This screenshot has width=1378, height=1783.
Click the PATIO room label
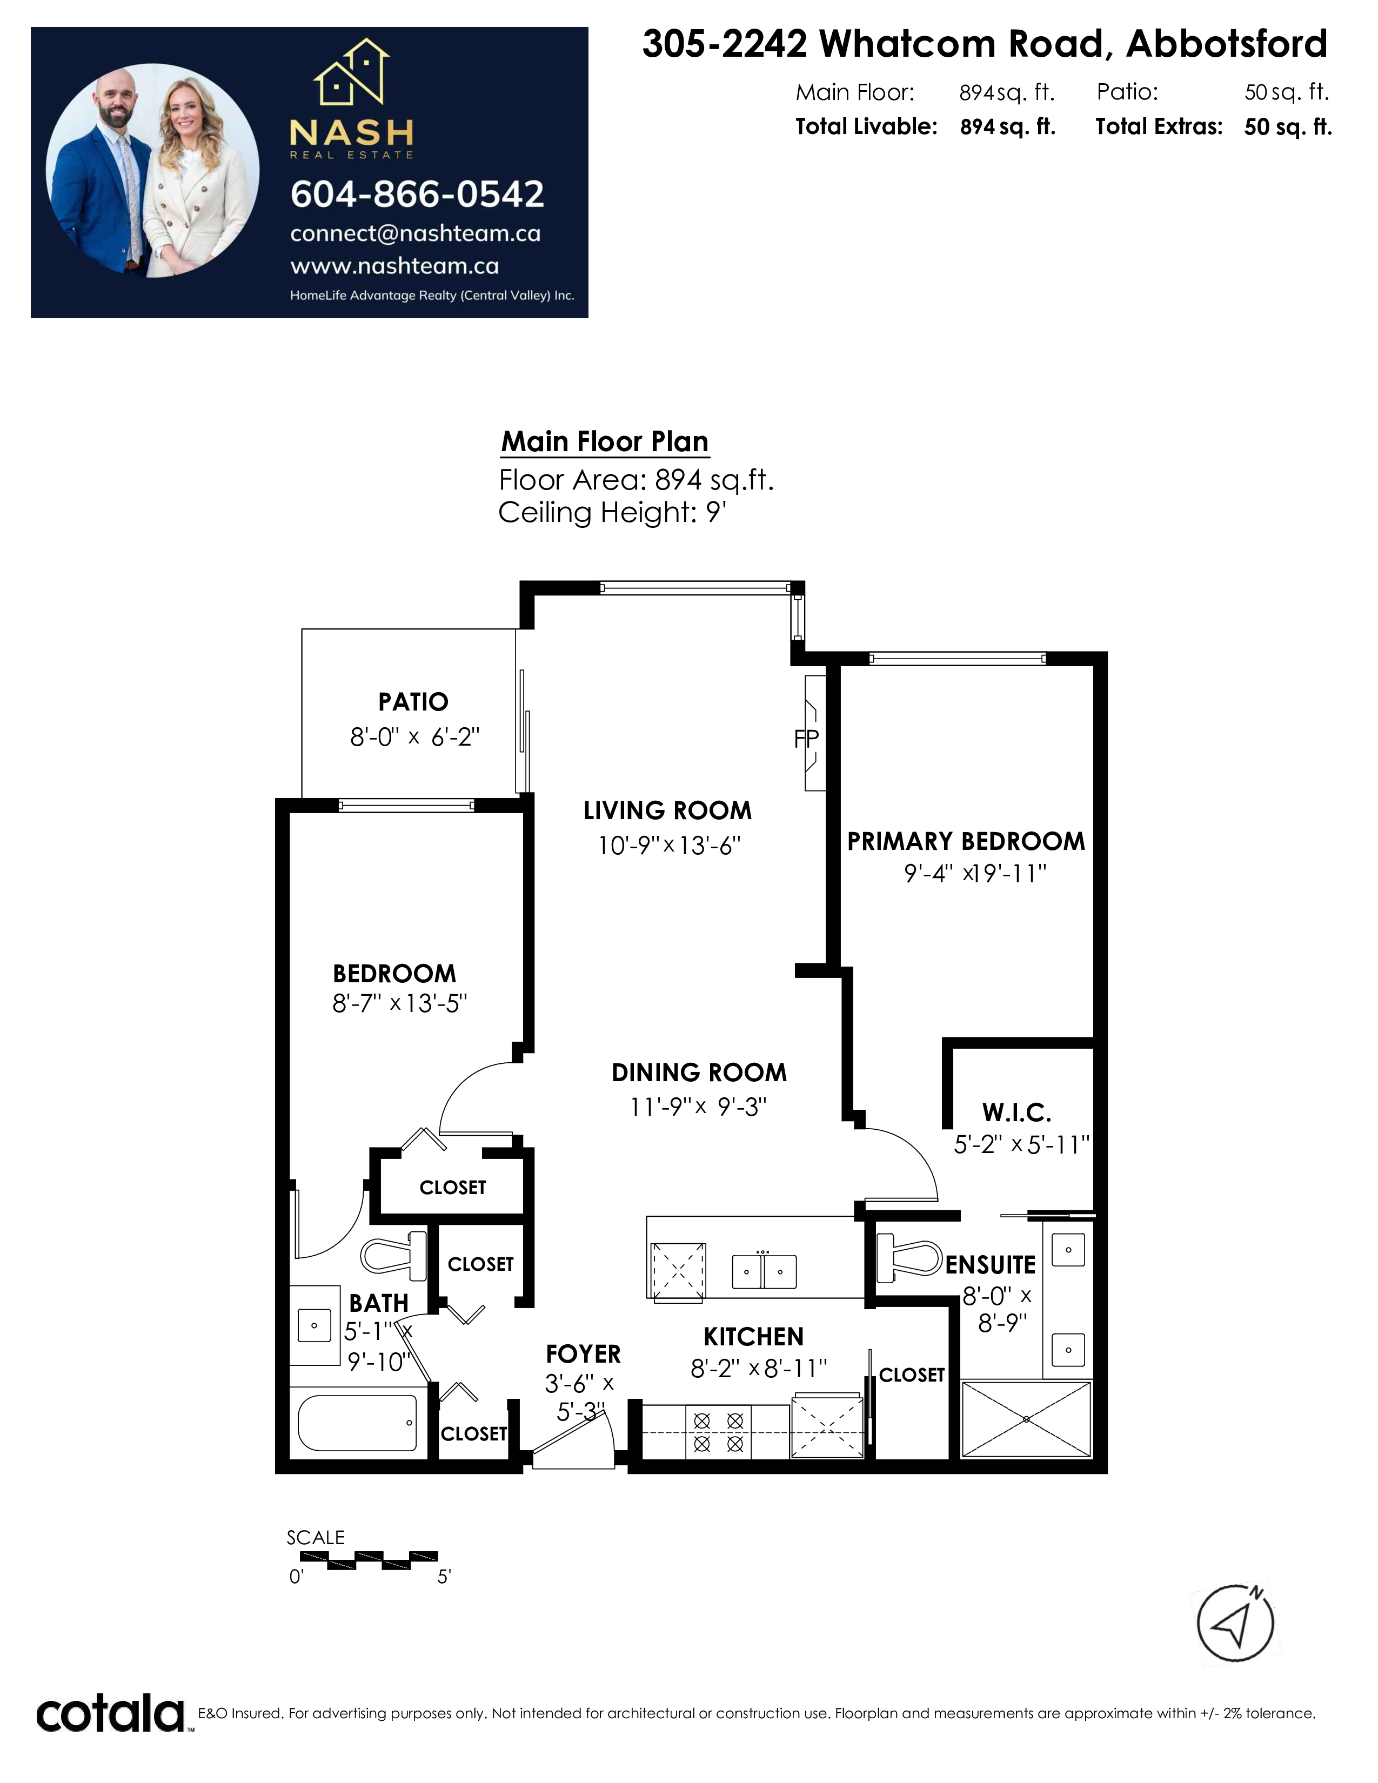(413, 701)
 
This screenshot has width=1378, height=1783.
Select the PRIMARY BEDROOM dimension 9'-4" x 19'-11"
(975, 874)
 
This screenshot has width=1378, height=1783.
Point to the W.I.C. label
(1016, 1112)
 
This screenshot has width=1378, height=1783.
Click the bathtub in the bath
(358, 1423)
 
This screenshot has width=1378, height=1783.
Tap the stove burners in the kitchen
(718, 1433)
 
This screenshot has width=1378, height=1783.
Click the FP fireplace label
(807, 739)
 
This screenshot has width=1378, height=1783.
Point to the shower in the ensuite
(1026, 1419)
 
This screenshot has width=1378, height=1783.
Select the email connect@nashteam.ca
(416, 233)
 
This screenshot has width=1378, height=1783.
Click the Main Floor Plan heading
(605, 441)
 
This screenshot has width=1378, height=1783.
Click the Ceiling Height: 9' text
(612, 513)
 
